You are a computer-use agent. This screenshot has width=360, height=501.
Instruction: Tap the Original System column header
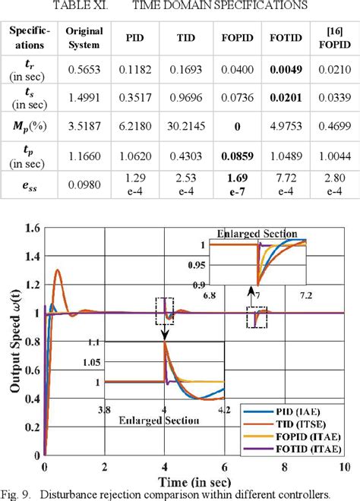[84, 36]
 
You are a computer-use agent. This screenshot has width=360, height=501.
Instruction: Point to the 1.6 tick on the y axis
[31, 228]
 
